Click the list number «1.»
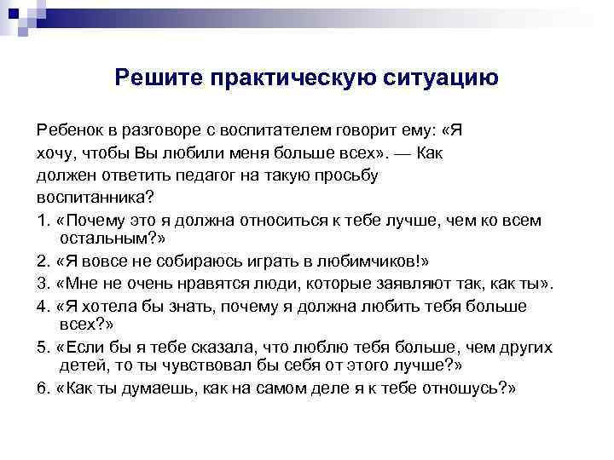[43, 220]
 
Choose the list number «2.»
[43, 260]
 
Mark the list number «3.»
[43, 282]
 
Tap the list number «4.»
[43, 305]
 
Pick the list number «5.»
[43, 347]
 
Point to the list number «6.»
[43, 388]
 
